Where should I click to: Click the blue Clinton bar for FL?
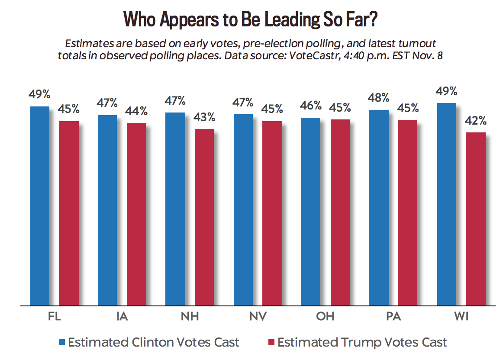[39, 206]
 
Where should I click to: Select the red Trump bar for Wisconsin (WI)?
[475, 219]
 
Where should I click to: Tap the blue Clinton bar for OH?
[311, 211]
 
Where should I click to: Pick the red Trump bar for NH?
[204, 217]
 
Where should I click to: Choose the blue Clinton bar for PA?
[379, 208]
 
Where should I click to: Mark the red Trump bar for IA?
[136, 214]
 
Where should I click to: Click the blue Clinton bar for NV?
[243, 209]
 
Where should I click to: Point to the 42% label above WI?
[476, 121]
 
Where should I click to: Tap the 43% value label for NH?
[204, 117]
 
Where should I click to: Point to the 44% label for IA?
[136, 111]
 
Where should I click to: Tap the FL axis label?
[54, 317]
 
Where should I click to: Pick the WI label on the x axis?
[461, 317]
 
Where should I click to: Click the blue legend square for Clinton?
[62, 343]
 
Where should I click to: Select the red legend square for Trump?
[271, 343]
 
